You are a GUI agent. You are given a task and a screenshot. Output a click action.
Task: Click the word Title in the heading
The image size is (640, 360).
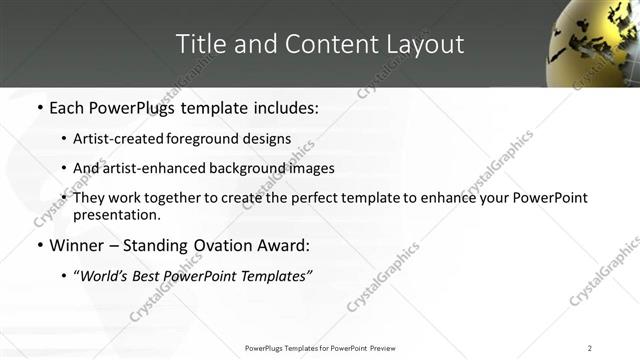(200, 44)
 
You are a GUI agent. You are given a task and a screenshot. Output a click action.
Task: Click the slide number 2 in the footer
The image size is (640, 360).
(590, 348)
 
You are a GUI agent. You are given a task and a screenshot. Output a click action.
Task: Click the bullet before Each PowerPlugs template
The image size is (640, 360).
(39, 105)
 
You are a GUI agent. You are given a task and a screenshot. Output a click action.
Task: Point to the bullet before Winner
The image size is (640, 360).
(39, 246)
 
